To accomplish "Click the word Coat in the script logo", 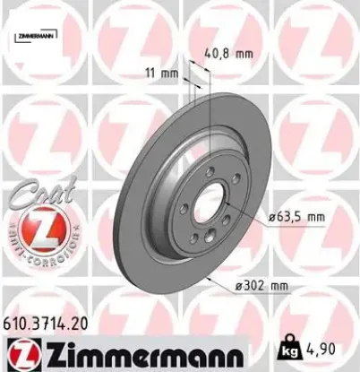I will click(36, 190).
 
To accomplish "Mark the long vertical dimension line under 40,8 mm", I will click(208, 125).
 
